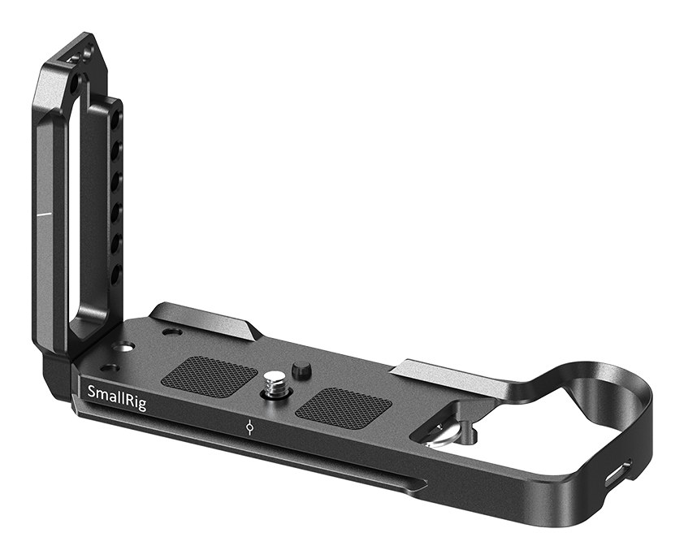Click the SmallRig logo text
116,396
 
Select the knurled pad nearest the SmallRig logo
209,372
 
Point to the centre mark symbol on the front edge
249,427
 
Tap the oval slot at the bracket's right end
617,473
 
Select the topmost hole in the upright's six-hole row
117,118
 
